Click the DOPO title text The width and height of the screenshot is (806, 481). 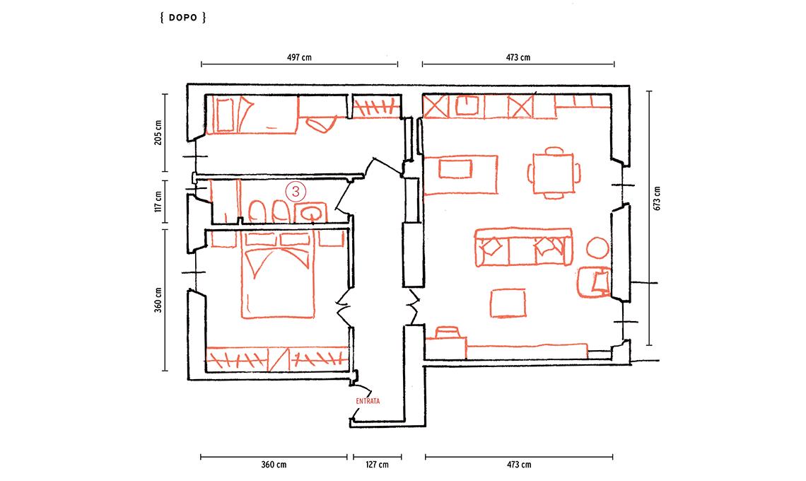tap(183, 18)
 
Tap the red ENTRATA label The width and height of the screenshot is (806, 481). tap(368, 401)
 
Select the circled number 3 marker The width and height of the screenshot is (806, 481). tap(296, 192)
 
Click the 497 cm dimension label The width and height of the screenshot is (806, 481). tap(299, 57)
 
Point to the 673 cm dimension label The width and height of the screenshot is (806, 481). tap(656, 198)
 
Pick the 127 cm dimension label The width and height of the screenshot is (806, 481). tap(378, 465)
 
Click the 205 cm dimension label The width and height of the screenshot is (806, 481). tap(158, 133)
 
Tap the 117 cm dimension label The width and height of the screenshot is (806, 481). tap(158, 201)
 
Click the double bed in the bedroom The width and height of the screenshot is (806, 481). tap(278, 275)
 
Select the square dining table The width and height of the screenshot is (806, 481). tap(553, 173)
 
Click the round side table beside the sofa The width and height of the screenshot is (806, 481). tap(598, 248)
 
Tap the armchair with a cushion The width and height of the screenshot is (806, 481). tap(594, 282)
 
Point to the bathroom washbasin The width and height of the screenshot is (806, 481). tap(311, 213)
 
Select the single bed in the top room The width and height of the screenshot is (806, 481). tap(252, 114)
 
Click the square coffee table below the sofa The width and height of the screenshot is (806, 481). tap(508, 303)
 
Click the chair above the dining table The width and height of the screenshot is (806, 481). tap(554, 151)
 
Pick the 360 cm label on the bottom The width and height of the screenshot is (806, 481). tap(274, 465)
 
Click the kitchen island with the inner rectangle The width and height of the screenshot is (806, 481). tap(461, 175)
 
